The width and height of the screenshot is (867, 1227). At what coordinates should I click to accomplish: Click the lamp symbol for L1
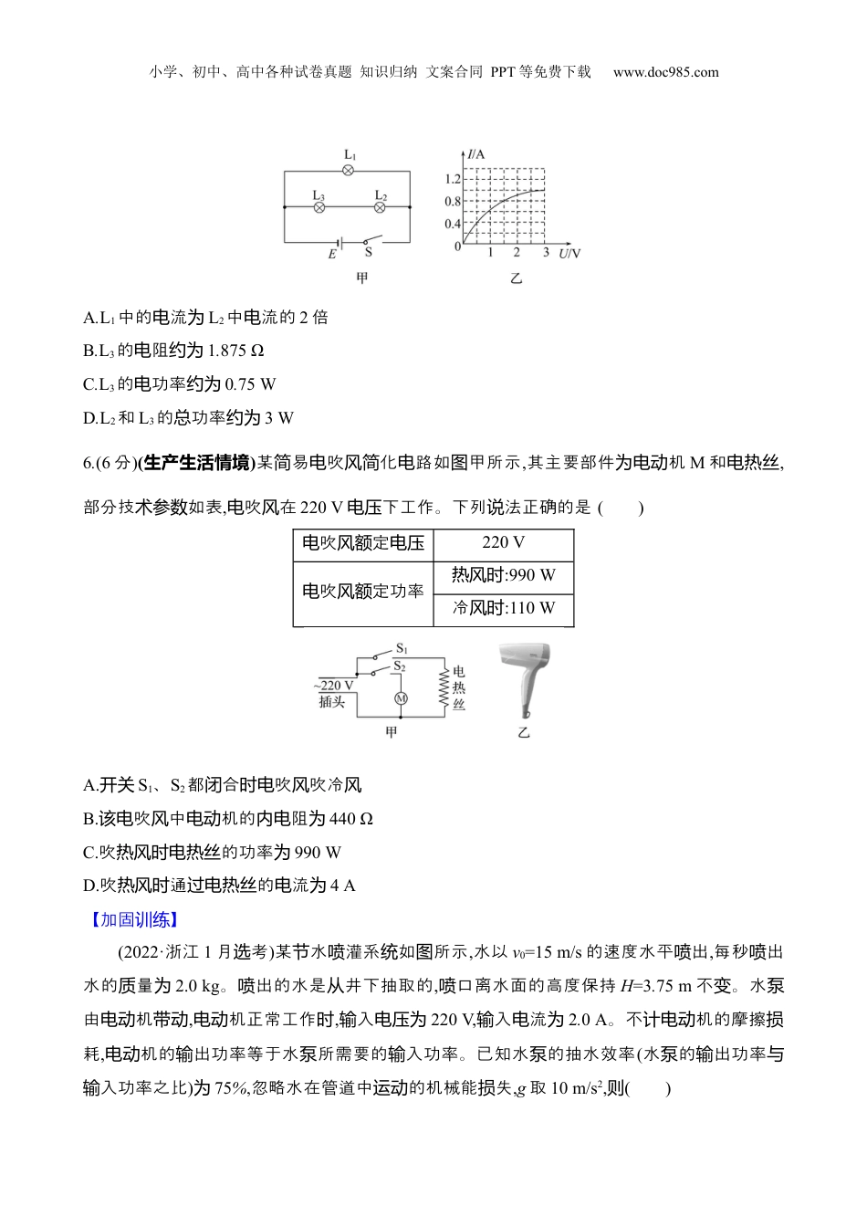coord(349,171)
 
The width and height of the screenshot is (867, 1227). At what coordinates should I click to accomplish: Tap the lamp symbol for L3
coord(319,208)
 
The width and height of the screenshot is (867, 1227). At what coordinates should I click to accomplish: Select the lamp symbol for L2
coord(381,208)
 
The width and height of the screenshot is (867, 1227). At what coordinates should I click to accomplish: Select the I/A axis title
coord(475,154)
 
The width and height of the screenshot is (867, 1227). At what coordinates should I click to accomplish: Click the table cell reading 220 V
coord(504,543)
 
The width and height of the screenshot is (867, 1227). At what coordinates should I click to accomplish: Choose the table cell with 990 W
coord(504,576)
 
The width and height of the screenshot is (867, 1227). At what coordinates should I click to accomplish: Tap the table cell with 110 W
coord(504,609)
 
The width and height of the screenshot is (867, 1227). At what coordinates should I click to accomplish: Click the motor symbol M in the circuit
coord(401,698)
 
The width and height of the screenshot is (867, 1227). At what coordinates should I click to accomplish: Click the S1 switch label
coord(402,649)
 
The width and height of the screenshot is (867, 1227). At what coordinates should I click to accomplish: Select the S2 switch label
coord(400,666)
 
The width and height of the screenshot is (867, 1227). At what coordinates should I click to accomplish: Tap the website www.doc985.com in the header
coord(665,72)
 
